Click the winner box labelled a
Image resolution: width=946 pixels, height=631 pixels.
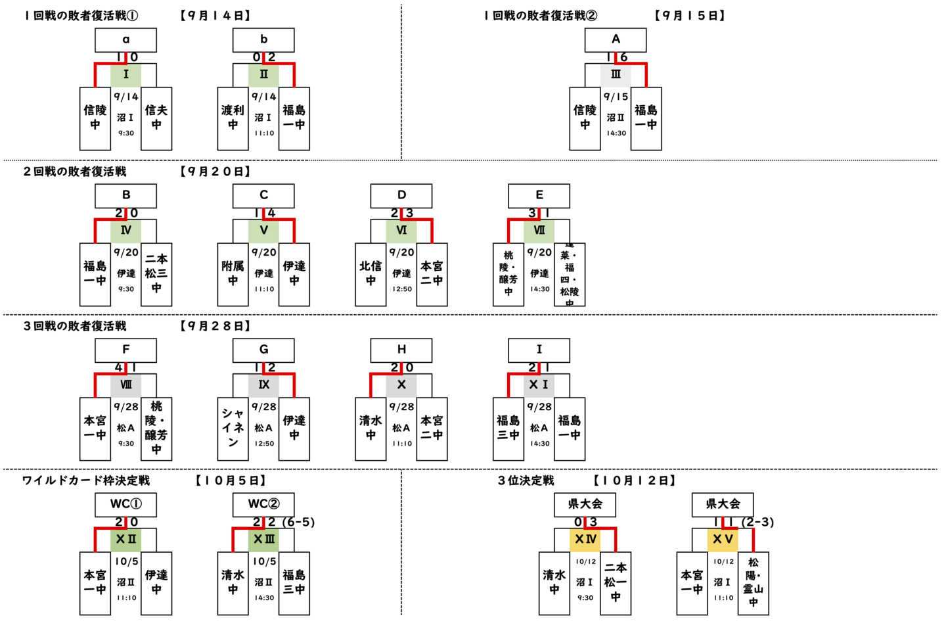point(125,40)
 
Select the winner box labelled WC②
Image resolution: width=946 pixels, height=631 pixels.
point(263,505)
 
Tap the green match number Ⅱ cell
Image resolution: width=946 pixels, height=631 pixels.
point(263,75)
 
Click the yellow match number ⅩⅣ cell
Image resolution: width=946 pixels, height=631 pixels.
point(585,540)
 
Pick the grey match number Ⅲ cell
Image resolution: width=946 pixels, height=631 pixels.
point(616,75)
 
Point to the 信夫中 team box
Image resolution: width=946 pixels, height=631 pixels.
point(156,118)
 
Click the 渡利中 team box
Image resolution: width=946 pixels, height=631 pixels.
point(233,118)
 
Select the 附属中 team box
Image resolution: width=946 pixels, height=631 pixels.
point(233,274)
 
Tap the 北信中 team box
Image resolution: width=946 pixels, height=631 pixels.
point(371,274)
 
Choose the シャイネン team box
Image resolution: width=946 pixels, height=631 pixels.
point(233,429)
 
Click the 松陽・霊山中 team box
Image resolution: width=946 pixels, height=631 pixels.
point(753,583)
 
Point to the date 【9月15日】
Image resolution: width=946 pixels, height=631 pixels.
point(690,16)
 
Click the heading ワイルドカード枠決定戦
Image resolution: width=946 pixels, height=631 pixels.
point(86,480)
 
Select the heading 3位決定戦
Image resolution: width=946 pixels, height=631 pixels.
point(526,480)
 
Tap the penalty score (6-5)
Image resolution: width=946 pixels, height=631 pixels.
point(299,522)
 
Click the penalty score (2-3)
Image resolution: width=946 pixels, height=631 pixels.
point(758,522)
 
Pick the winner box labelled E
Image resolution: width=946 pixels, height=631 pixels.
point(539,196)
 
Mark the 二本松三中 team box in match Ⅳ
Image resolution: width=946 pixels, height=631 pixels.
point(156,274)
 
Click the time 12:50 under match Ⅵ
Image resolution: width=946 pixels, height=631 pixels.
point(401,289)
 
